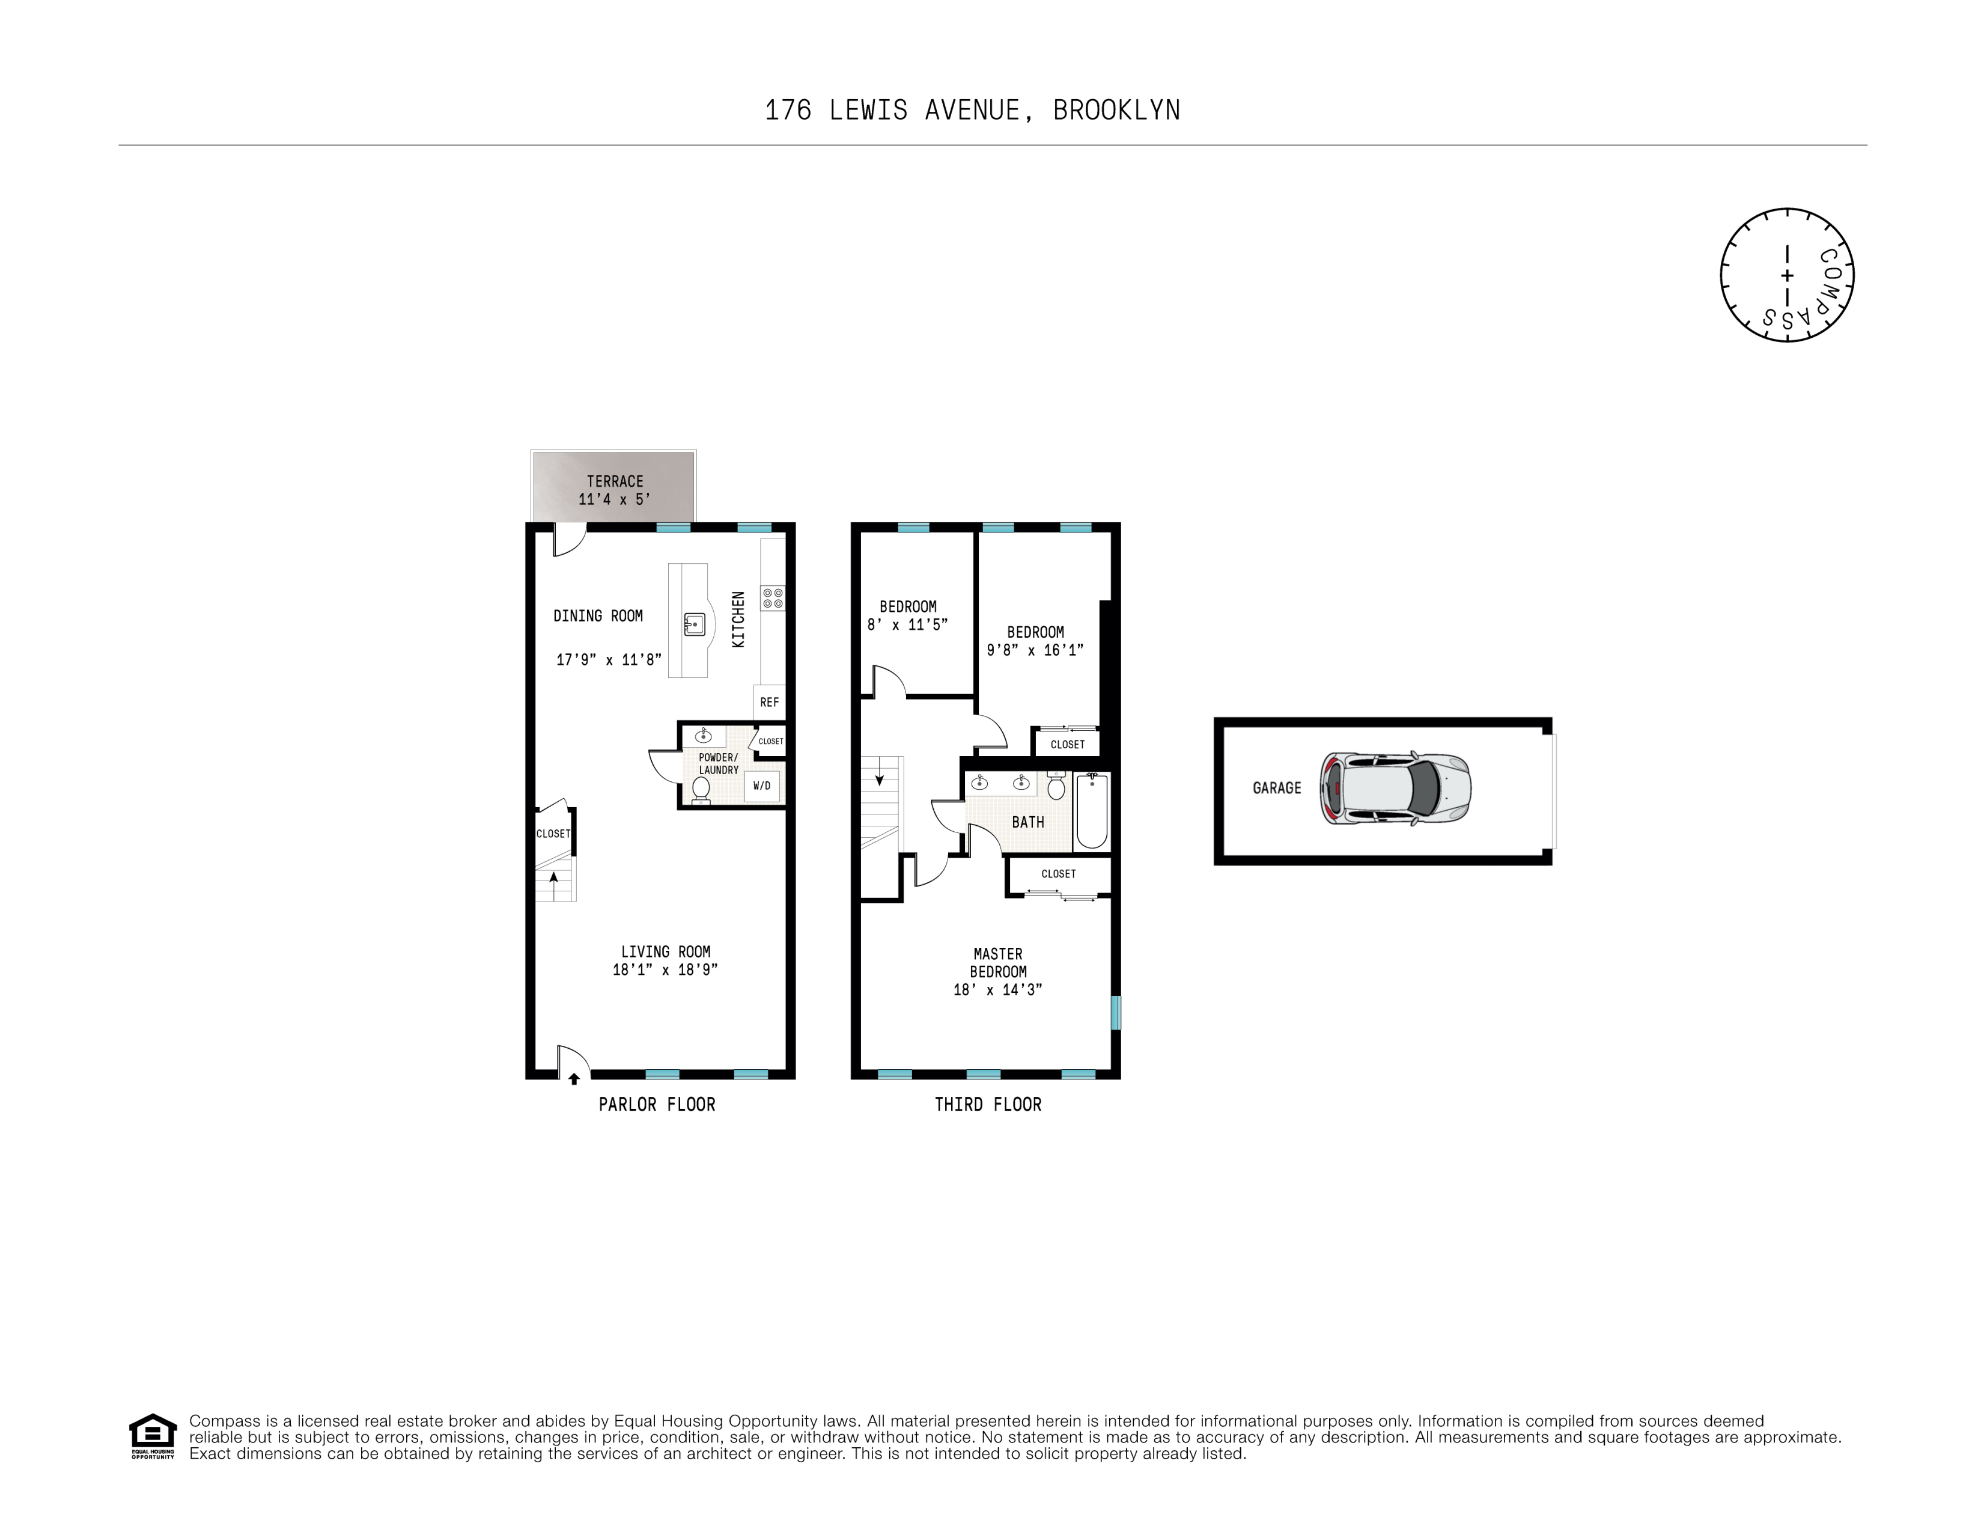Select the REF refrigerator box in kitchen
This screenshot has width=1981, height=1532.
coord(769,702)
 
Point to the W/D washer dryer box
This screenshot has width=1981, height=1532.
coord(762,786)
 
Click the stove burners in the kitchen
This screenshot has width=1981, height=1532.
coord(773,598)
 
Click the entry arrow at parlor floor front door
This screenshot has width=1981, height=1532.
coord(573,1078)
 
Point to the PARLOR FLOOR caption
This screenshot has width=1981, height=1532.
coord(657,1104)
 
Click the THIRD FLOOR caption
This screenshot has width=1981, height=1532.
coord(988,1104)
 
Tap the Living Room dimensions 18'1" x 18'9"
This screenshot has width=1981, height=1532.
coord(665,969)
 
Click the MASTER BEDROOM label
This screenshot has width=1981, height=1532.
coord(998,962)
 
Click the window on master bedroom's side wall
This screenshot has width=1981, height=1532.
coord(1116,1012)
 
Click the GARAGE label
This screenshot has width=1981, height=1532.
coord(1276,788)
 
